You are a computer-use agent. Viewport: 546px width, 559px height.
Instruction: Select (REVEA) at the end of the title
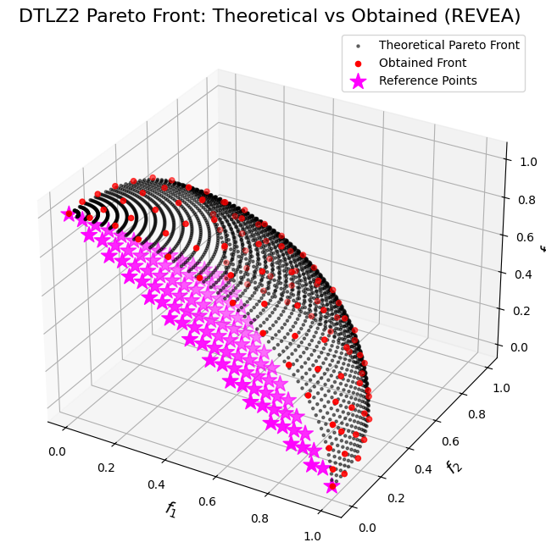coord(484,16)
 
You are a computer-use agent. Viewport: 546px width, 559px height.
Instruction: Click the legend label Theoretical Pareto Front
coord(449,44)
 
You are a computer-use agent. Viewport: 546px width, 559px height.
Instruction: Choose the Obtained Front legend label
coord(422,63)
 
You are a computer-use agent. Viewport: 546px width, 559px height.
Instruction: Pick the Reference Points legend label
coord(428,80)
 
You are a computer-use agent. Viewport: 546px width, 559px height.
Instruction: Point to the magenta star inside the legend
coord(359,80)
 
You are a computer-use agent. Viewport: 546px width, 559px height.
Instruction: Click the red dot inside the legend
coord(359,63)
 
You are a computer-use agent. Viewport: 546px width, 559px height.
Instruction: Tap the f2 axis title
coord(453,468)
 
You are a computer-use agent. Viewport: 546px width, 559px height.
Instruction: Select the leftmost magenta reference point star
coord(69,213)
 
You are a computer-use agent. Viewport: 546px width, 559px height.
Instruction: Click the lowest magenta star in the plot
coord(331,485)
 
